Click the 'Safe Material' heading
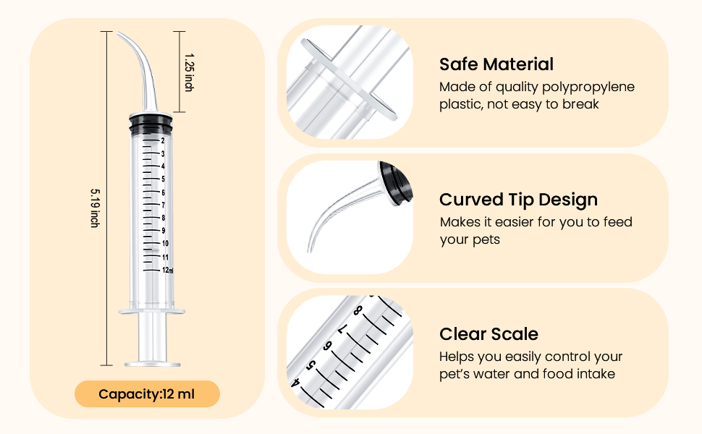tap(496, 64)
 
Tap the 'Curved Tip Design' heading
tap(518, 200)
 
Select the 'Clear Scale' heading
tap(489, 334)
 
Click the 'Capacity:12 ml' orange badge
tap(147, 394)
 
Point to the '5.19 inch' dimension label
tap(95, 208)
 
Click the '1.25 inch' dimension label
tap(188, 72)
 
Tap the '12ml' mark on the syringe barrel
tap(167, 270)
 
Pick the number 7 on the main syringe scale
tap(164, 205)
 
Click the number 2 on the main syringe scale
tap(164, 140)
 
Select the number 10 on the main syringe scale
tap(165, 244)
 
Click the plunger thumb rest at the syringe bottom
tap(152, 364)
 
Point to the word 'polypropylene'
tap(586, 88)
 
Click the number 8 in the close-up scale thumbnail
tap(358, 311)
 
